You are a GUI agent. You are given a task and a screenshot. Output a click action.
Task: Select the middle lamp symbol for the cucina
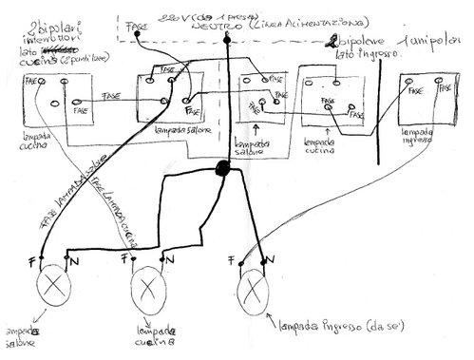click(x=149, y=284)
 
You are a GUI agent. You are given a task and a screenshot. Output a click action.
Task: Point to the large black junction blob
click(x=226, y=169)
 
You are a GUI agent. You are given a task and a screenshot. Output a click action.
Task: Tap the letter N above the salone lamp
click(x=71, y=256)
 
